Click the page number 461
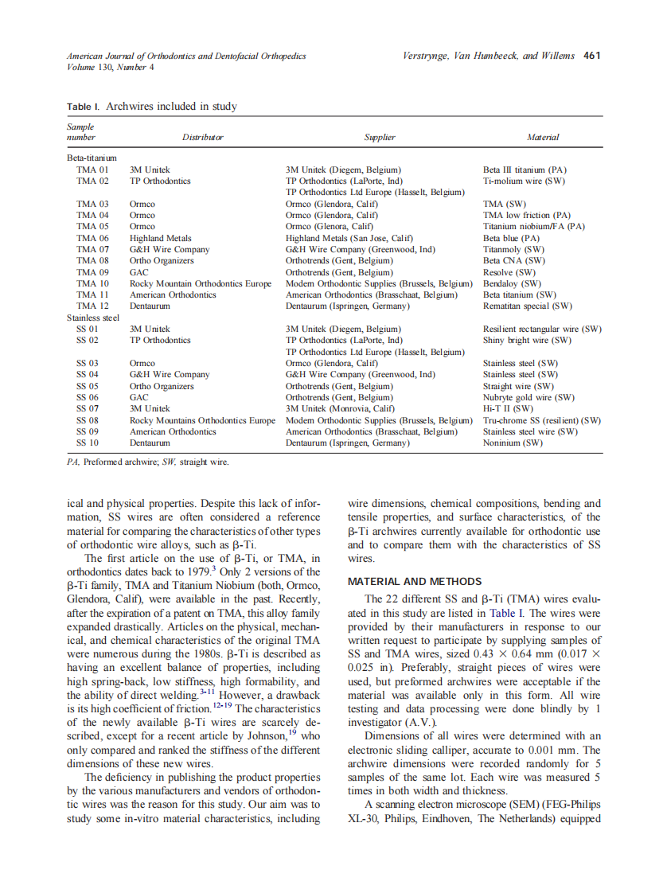pyautogui.click(x=591, y=56)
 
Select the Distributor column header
pyautogui.click(x=203, y=137)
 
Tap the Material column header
pyautogui.click(x=542, y=137)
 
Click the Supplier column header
pyautogui.click(x=380, y=137)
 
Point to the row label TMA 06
pyautogui.click(x=92, y=238)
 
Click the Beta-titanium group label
pyautogui.click(x=92, y=158)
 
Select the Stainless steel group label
pyautogui.click(x=93, y=318)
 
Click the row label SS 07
pyautogui.click(x=88, y=408)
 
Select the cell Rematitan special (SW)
pyautogui.click(x=528, y=306)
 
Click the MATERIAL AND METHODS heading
pyautogui.click(x=414, y=581)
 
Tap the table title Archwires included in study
pyautogui.click(x=170, y=107)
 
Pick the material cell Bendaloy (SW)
pyautogui.click(x=512, y=283)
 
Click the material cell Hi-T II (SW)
pyautogui.click(x=508, y=408)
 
